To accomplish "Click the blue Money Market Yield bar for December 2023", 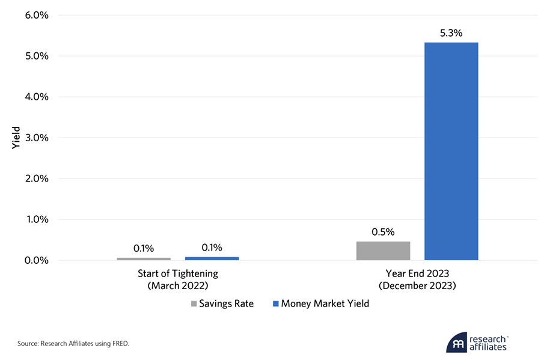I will [451, 151].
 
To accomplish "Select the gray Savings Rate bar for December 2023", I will [383, 251].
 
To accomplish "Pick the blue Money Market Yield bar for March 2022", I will [212, 258].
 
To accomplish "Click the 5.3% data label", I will [451, 33].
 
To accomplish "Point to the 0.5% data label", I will [383, 232].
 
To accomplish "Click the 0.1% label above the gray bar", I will [144, 248].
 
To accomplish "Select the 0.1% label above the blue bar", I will [212, 248].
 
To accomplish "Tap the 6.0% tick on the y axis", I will [35, 15].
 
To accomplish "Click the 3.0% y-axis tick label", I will [35, 138].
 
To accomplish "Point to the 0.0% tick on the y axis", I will [35, 260].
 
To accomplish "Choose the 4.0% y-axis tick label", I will [35, 97].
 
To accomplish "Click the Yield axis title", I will [17, 138].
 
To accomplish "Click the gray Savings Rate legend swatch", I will [194, 304].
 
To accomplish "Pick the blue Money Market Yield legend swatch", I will [276, 304].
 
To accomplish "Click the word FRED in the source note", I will [119, 344].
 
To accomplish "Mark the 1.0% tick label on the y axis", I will [35, 219].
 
